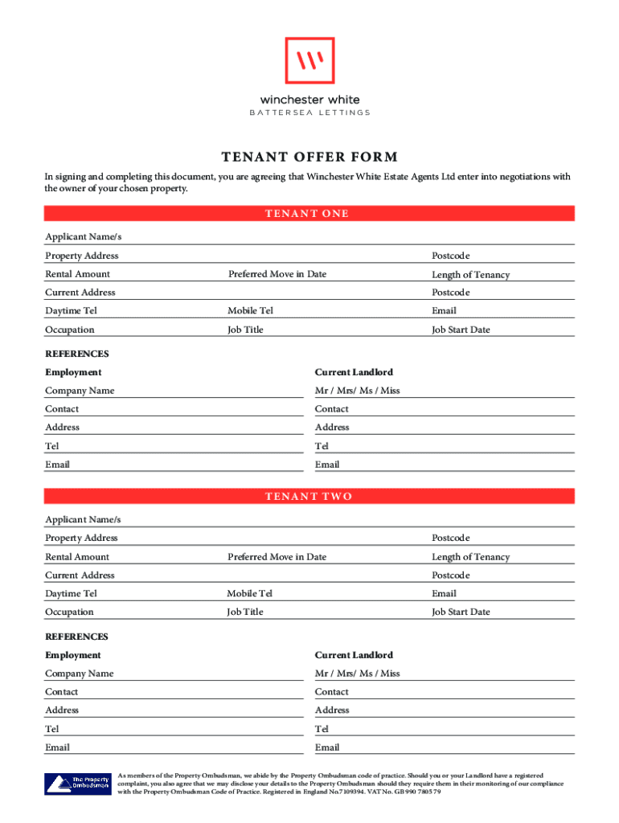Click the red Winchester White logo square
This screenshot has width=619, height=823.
[309, 60]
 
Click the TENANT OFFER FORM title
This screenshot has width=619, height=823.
[309, 157]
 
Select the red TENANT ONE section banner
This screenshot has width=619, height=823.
[309, 213]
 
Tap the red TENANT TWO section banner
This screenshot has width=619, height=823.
[309, 496]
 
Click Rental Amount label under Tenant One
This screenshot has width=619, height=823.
[77, 274]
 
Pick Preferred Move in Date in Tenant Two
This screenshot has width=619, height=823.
[277, 557]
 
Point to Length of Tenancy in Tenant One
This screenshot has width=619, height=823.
[470, 275]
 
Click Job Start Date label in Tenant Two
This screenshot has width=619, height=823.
[460, 612]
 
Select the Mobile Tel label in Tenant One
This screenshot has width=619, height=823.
[250, 311]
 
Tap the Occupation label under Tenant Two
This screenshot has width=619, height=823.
[69, 612]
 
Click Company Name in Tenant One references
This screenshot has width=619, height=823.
[80, 391]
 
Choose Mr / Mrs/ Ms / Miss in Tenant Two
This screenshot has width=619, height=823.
[357, 674]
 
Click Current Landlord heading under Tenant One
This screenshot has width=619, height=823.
[354, 372]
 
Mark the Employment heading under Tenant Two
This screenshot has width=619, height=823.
[73, 655]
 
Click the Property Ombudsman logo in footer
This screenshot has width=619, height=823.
[77, 782]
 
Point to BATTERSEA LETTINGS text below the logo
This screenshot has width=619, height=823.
[309, 113]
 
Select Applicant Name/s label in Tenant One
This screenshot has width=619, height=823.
[83, 237]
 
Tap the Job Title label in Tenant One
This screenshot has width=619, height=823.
[245, 330]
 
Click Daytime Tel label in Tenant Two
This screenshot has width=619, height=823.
[71, 594]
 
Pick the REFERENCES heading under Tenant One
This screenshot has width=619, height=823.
[76, 354]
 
